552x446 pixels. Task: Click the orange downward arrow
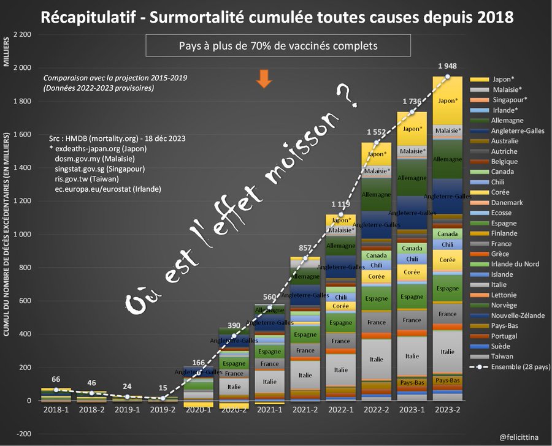tap(264, 79)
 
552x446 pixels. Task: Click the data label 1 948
tap(447, 66)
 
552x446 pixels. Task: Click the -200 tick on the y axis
tap(23, 434)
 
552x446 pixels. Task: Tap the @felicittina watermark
tap(519, 437)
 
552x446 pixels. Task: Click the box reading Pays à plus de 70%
tap(278, 46)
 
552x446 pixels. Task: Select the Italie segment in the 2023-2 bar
tap(447, 352)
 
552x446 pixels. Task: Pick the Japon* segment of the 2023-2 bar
tap(447, 101)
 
